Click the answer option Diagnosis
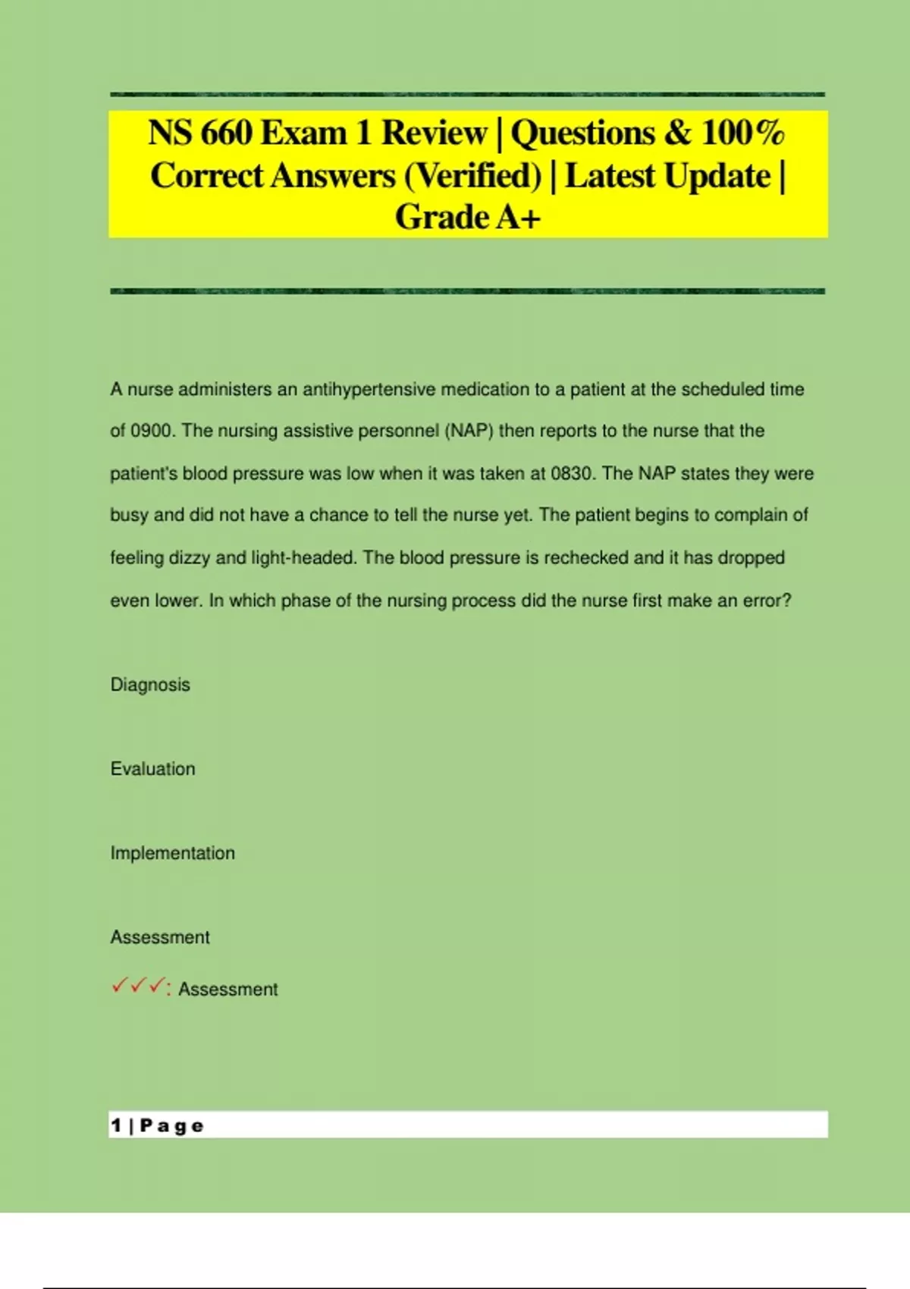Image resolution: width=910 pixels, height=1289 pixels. coord(150,685)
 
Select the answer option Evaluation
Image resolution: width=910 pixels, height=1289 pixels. coord(152,769)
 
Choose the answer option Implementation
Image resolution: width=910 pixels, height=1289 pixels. coord(172,853)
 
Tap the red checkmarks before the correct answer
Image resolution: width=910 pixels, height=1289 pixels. coord(138,987)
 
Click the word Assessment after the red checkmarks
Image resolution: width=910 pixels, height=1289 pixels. coord(227,989)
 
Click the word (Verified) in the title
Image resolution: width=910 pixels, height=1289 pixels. coord(472,176)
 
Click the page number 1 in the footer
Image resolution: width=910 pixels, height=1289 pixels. coord(116,1125)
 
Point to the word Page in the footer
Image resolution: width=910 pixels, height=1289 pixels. coord(172,1125)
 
